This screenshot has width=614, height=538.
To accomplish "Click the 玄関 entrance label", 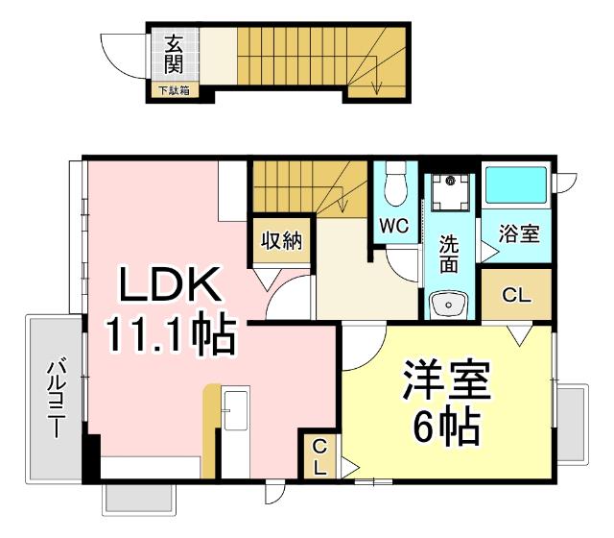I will pos(174,54).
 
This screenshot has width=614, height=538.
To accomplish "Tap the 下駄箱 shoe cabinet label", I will pos(175,91).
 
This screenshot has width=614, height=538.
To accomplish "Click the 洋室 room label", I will pos(446,381).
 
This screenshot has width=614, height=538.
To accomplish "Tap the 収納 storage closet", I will pos(279,240).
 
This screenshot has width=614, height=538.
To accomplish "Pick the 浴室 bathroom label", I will pos(519,233).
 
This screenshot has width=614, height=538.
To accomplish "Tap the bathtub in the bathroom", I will pos(516,188).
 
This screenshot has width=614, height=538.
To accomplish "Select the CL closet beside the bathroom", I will pos(516,296).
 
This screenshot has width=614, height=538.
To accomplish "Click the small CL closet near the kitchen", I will pos(319,457).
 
